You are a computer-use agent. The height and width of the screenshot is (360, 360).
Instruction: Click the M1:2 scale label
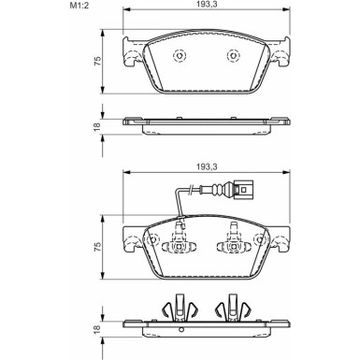pyautogui.click(x=18, y=7)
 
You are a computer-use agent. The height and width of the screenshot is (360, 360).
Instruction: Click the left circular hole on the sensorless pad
pyautogui.click(x=178, y=53)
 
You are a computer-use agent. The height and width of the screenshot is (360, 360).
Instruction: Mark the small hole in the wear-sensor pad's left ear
pyautogui.click(x=131, y=240)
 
